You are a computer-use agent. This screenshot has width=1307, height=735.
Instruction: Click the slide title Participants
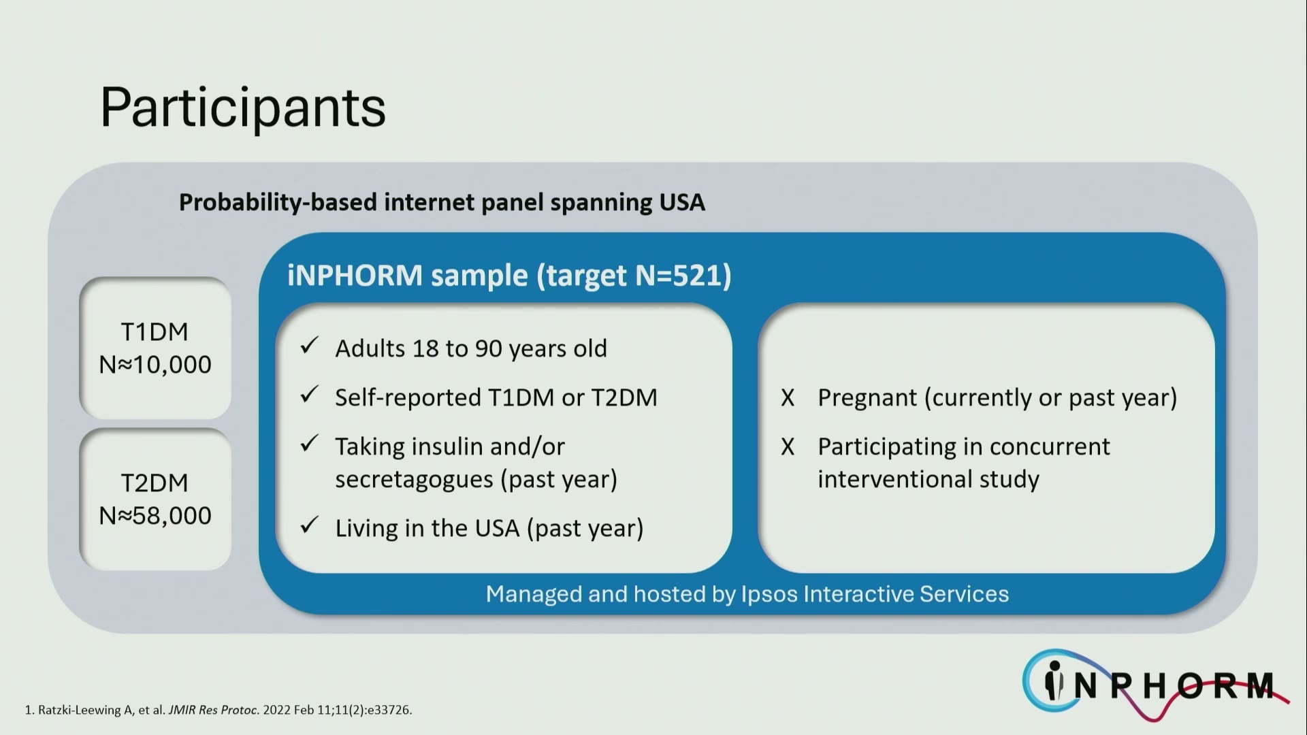[x=243, y=108]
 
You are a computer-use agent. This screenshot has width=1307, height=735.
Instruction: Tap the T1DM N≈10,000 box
[x=155, y=348]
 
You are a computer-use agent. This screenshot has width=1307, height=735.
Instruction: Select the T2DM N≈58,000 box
[x=155, y=499]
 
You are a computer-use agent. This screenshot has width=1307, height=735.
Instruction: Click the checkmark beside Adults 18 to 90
[x=310, y=346]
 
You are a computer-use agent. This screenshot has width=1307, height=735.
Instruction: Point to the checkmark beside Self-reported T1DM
[x=310, y=395]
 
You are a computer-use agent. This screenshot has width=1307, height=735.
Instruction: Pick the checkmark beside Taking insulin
[x=310, y=444]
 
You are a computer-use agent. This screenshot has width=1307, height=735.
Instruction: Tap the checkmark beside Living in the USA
[x=310, y=525]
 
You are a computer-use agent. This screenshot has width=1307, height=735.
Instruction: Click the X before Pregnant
[x=788, y=398]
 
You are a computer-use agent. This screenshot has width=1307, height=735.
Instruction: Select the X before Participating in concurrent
[x=788, y=447]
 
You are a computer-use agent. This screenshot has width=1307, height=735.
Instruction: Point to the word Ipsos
[x=769, y=595]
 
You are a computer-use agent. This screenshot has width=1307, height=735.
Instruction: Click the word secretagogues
[x=414, y=480]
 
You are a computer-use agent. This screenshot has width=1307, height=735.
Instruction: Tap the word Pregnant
[x=867, y=398]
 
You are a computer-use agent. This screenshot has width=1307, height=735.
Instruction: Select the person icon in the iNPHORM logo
[x=1054, y=681]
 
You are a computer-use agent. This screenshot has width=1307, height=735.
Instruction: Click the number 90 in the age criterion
[x=488, y=348]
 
